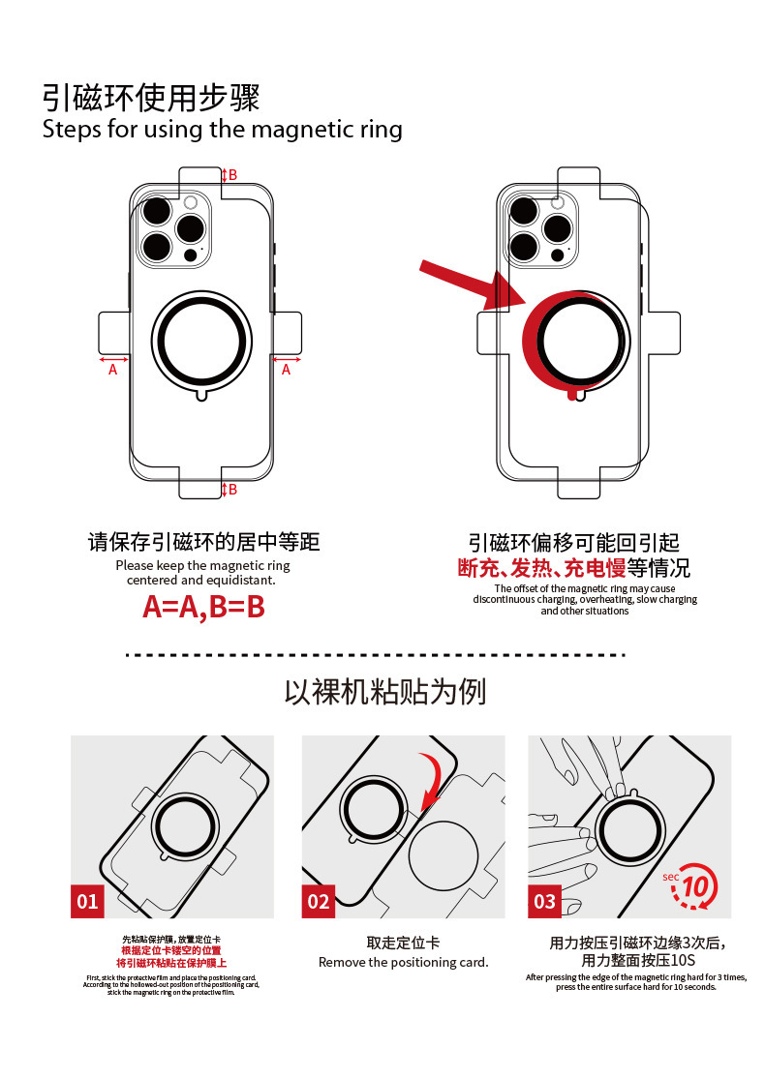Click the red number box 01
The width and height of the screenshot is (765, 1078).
pos(88,901)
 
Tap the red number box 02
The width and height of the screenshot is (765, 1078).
pos(319,901)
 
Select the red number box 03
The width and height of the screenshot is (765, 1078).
pos(545,901)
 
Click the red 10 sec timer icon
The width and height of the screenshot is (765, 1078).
pos(694,886)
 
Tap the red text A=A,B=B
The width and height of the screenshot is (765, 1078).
pos(203,607)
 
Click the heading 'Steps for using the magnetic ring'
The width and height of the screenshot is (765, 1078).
pos(222,129)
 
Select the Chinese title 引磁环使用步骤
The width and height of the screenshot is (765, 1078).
pos(151,98)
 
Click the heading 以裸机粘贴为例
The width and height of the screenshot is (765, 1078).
pos(384,691)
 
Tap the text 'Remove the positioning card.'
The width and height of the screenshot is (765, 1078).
pos(404,962)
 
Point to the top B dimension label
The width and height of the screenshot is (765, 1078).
pos(232,175)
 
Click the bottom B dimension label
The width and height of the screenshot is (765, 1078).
pos(232,490)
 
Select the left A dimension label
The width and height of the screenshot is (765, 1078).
pos(112,370)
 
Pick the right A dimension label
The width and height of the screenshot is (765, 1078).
pos(286,370)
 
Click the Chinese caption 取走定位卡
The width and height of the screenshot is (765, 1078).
pos(403,943)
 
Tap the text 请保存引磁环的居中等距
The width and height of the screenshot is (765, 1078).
pos(203,542)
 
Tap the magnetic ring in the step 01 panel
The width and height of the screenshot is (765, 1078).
pos(182,828)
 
